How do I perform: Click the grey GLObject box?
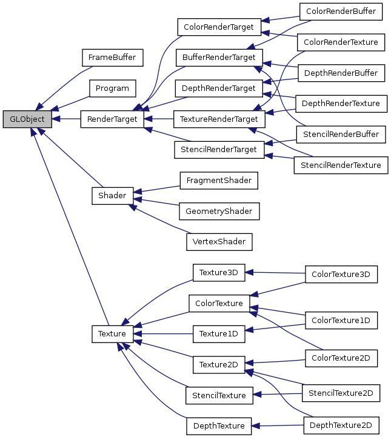(x=27, y=119)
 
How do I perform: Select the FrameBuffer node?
(x=112, y=58)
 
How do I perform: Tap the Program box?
(x=112, y=88)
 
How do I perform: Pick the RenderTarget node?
(x=112, y=119)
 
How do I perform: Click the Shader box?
(x=112, y=196)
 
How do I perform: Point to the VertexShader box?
(x=219, y=241)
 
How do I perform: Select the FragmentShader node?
(x=219, y=180)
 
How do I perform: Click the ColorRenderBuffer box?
(x=341, y=11)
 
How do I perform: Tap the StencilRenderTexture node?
(x=340, y=164)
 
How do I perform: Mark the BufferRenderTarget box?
(x=219, y=58)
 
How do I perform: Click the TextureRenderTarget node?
(x=219, y=119)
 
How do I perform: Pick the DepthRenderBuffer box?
(x=341, y=73)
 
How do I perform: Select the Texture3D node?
(x=218, y=272)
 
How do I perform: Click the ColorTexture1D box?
(x=341, y=319)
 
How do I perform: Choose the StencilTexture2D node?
(x=341, y=393)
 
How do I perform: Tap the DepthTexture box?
(x=218, y=426)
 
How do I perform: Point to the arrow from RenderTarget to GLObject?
(x=67, y=119)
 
